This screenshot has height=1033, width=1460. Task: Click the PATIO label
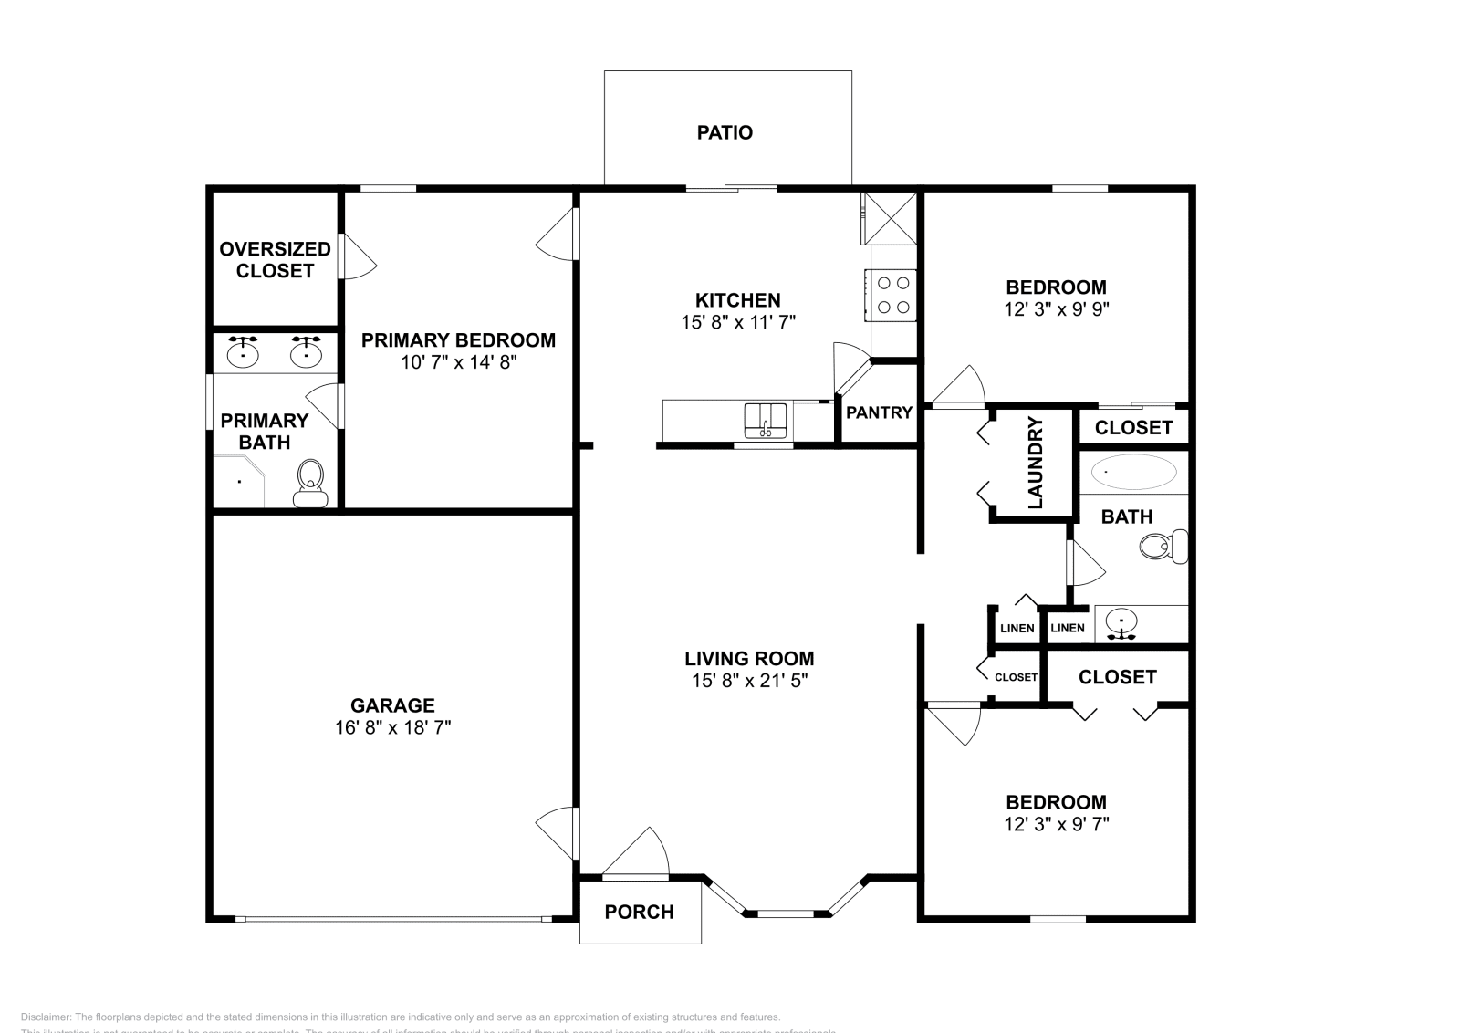[x=725, y=133]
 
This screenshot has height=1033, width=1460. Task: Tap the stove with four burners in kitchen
[x=893, y=295]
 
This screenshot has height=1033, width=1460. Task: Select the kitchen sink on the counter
[x=766, y=420]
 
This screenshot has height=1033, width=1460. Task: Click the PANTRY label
[x=879, y=412]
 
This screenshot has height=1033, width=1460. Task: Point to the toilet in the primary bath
[x=310, y=483]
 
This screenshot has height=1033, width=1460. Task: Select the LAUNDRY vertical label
[x=1035, y=463]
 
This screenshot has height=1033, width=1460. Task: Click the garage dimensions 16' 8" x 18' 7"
[x=392, y=728]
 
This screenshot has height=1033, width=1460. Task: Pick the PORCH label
[x=640, y=913]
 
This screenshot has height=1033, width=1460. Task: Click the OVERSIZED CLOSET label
[x=275, y=260]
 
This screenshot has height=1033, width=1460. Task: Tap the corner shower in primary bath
[x=238, y=482]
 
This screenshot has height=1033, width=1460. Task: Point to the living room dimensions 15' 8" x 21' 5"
[x=750, y=681]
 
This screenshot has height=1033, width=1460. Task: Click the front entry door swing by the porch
[x=639, y=852]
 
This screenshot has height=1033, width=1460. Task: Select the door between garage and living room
[x=559, y=832]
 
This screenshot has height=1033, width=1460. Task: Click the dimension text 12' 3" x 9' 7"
[x=1057, y=825]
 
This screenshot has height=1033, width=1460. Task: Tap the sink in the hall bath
[x=1121, y=624]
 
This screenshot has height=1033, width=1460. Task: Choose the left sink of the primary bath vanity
[x=243, y=352]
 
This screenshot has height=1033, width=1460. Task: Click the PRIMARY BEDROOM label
[x=458, y=340]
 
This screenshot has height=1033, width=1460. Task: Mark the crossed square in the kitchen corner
[x=889, y=218]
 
